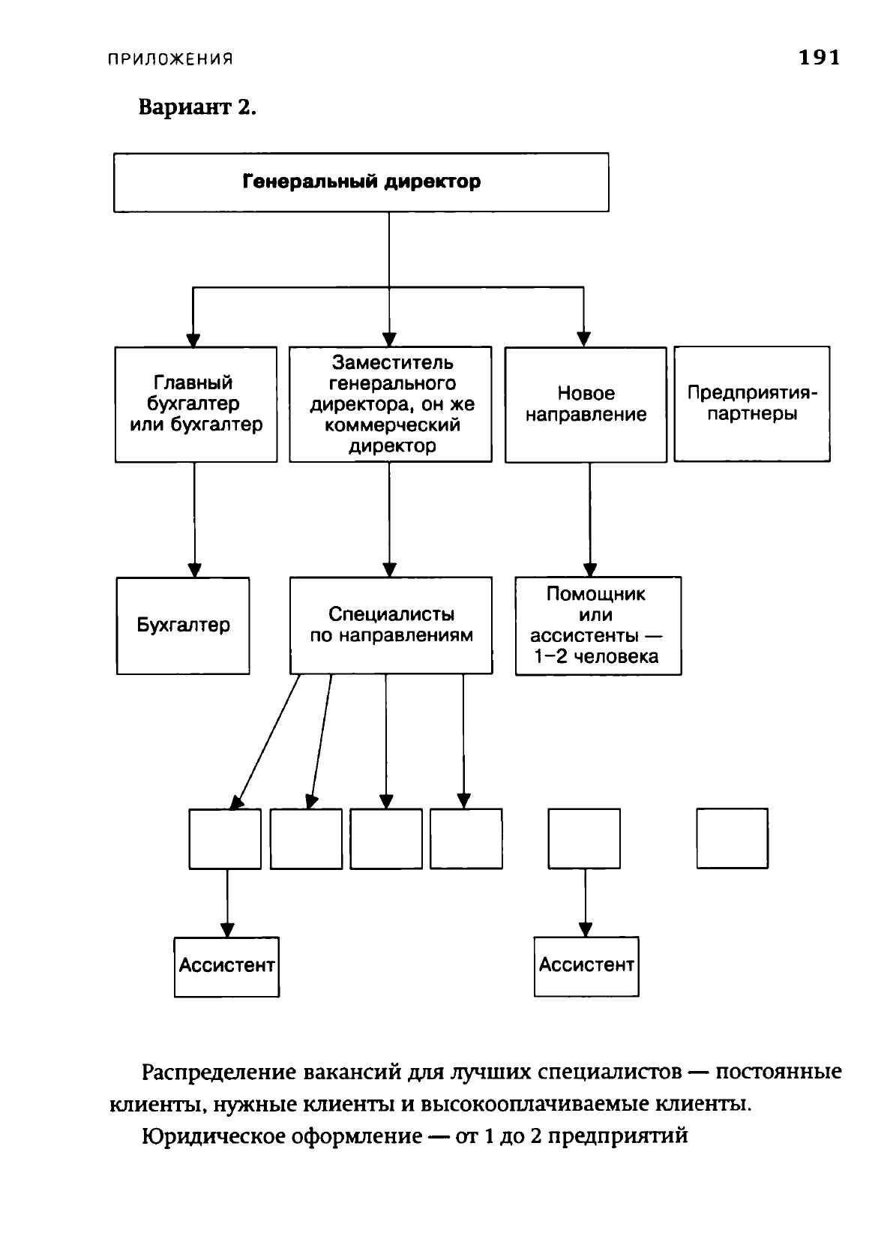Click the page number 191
(820, 57)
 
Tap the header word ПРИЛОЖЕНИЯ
(170, 59)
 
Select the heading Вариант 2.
(197, 106)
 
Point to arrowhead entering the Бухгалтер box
(194, 570)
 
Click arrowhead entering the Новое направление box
(583, 340)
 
